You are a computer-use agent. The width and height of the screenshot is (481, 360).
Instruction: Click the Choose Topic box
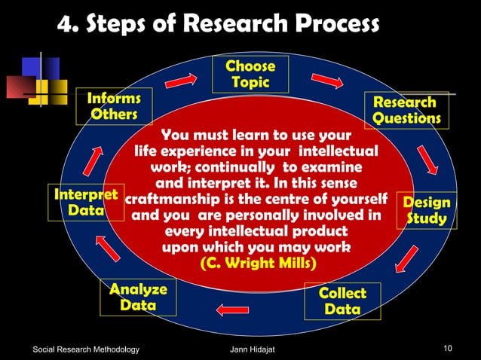pos(250,73)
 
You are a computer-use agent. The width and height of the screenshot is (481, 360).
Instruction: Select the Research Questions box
pos(406,110)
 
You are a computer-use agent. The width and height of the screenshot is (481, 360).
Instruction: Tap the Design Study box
pos(427,211)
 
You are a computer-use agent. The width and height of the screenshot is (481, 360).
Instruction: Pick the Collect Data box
pos(342,301)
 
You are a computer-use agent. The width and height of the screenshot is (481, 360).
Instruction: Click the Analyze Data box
pos(139,297)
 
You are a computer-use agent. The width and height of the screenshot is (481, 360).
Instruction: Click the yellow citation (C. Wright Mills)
pos(258,264)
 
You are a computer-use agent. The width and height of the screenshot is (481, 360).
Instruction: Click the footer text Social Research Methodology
pos(87,349)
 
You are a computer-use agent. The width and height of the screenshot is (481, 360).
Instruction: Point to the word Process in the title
pos(322,25)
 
